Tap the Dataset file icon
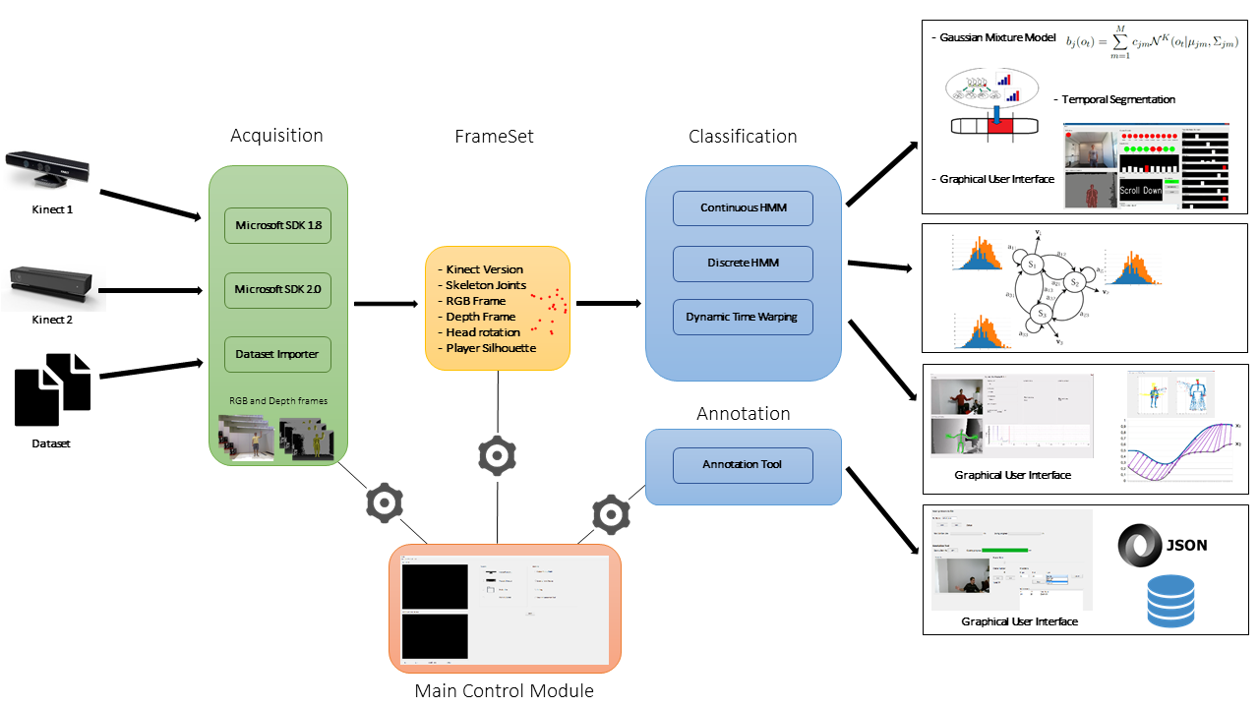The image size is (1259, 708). pos(53,389)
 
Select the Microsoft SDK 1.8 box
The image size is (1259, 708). pos(277,225)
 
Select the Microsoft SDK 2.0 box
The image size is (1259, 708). pos(277,290)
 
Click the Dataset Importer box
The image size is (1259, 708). pos(277,354)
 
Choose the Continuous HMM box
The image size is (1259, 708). pos(743,207)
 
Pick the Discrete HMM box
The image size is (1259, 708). pos(743,263)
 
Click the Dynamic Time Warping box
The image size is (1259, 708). pos(743,317)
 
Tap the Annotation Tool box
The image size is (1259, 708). pos(743,464)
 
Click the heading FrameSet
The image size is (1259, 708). pos(494,137)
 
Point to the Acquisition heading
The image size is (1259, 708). pos(276,136)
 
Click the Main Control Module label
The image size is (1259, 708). pos(504,690)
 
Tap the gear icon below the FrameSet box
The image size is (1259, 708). pos(497,456)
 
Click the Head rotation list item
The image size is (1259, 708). pos(483,332)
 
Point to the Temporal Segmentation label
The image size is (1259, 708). pos(1118,99)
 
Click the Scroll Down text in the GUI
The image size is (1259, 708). pos(1140,191)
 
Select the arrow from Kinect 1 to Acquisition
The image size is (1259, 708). pos(148,206)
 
